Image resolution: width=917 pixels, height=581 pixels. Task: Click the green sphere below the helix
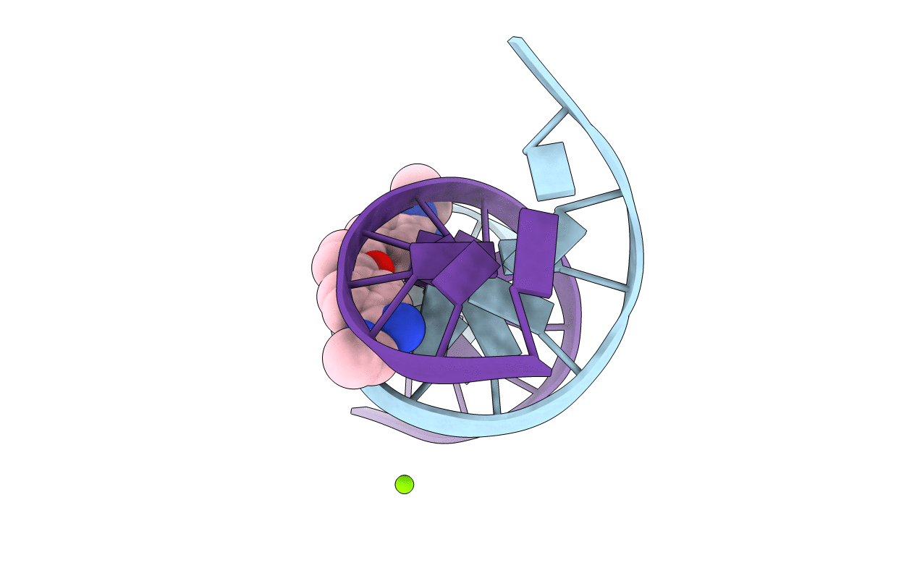tap(404, 484)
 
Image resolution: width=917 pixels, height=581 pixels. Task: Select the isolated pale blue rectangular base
tap(552, 170)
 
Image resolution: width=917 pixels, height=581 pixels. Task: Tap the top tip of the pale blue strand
tap(515, 40)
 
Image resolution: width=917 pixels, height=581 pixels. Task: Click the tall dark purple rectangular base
tap(535, 251)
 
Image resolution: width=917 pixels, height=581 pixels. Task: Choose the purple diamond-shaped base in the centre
tap(467, 268)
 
